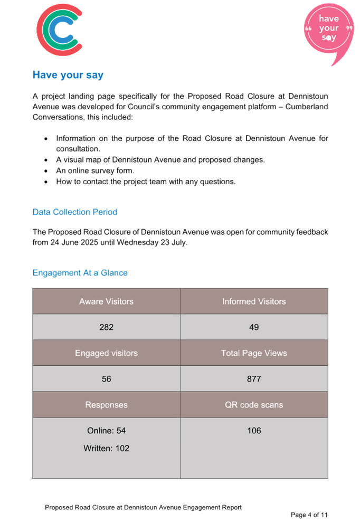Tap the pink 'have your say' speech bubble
[328, 30]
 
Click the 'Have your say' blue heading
[68, 75]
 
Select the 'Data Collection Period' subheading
[74, 212]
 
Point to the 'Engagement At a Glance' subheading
[80, 273]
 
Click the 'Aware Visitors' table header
[106, 301]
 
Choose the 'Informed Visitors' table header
[254, 301]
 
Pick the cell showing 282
[106, 327]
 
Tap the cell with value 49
[254, 327]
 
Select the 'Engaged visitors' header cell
[106, 353]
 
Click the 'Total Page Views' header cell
[254, 353]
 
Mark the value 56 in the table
[106, 379]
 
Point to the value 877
[254, 379]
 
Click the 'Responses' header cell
[106, 405]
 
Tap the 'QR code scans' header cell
[254, 405]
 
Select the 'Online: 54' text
[106, 431]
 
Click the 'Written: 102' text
[106, 449]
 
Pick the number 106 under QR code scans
[254, 431]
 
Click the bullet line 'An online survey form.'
[95, 170]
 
